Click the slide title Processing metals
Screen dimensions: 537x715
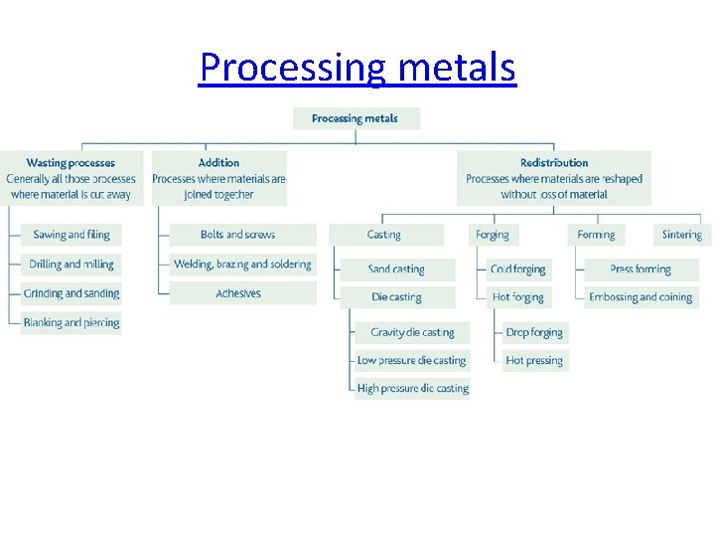click(x=357, y=68)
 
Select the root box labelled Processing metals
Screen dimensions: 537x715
click(x=356, y=118)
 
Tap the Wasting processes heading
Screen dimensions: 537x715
click(x=71, y=163)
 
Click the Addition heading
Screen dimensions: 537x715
click(x=218, y=163)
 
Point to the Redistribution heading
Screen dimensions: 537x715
click(x=554, y=163)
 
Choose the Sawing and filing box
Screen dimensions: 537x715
click(x=71, y=235)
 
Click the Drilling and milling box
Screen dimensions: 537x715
click(x=71, y=265)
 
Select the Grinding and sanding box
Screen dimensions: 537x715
click(x=71, y=293)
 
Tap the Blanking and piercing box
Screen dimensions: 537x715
click(x=71, y=322)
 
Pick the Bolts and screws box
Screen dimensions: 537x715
click(x=238, y=235)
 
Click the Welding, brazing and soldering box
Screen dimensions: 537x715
click(x=242, y=265)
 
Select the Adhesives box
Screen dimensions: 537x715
click(x=238, y=293)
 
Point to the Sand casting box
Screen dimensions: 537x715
click(x=396, y=269)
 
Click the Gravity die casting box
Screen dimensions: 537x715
click(x=412, y=332)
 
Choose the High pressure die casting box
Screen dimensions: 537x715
click(x=412, y=388)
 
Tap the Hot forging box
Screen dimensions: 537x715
click(x=518, y=297)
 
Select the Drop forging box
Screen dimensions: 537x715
click(x=534, y=332)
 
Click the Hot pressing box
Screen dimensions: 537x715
click(x=534, y=360)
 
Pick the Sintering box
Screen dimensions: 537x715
click(x=681, y=235)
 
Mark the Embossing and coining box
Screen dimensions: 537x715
click(x=641, y=297)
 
